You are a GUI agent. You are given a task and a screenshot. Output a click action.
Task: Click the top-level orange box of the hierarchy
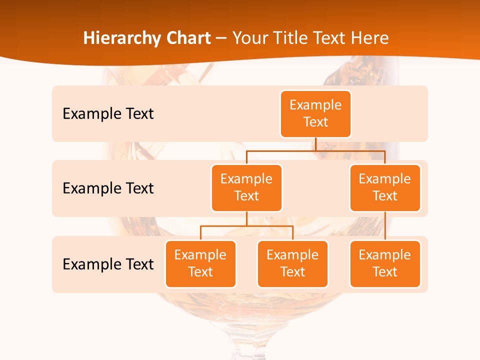click(315, 114)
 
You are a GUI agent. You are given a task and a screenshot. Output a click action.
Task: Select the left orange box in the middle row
click(246, 187)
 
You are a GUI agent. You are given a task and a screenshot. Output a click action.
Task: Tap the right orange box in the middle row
click(385, 187)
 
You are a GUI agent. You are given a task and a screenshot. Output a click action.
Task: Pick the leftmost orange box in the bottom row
click(200, 263)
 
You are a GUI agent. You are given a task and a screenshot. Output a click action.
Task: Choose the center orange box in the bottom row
click(292, 263)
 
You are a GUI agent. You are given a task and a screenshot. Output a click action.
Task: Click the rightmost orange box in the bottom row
click(385, 263)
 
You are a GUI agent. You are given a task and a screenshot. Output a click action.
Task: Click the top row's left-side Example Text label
click(108, 114)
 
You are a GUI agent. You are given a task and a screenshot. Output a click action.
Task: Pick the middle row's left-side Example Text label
click(108, 188)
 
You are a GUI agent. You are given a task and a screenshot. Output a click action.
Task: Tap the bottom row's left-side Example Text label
click(108, 264)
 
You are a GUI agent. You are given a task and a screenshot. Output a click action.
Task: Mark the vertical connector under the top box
click(315, 144)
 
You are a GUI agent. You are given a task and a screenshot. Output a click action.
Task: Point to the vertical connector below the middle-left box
click(246, 219)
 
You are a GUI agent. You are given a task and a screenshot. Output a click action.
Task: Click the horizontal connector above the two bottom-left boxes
click(246, 226)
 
